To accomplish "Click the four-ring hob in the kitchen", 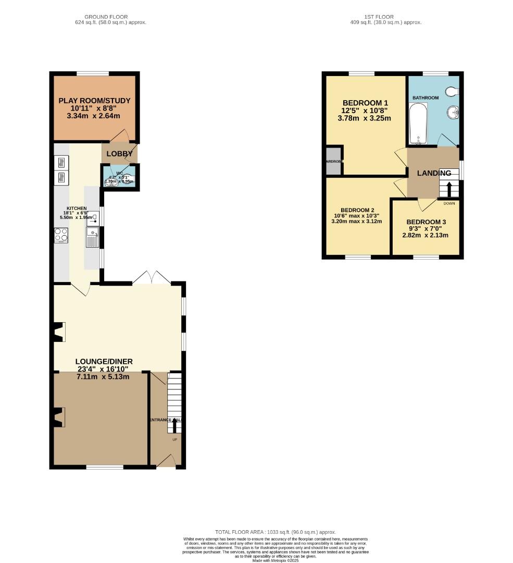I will pyautogui.click(x=61, y=236).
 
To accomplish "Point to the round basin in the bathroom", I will pyautogui.click(x=453, y=112).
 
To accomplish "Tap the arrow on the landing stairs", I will pyautogui.click(x=449, y=188).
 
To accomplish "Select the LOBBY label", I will pyautogui.click(x=120, y=154).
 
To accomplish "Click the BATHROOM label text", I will pyautogui.click(x=426, y=97).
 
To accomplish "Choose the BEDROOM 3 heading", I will pyautogui.click(x=426, y=222).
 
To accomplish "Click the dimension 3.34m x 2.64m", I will pyautogui.click(x=94, y=116).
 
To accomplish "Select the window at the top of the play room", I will pyautogui.click(x=94, y=73).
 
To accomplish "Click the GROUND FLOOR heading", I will pyautogui.click(x=110, y=17).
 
